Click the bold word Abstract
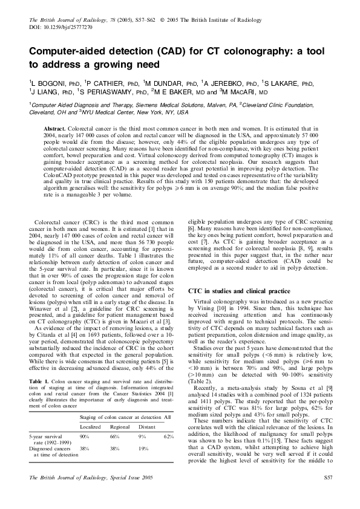pyautogui.click(x=56, y=129)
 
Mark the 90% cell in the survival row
pyautogui.click(x=85, y=418)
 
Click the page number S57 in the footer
pyautogui.click(x=328, y=495)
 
